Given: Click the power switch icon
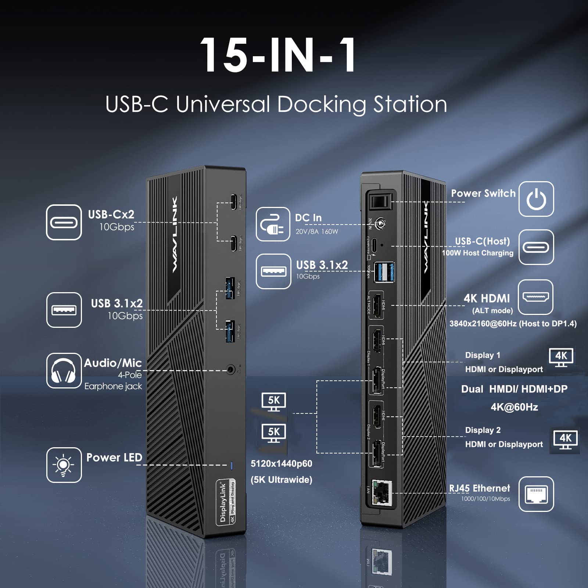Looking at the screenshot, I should [536, 199].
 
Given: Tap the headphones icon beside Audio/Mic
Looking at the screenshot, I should [64, 370].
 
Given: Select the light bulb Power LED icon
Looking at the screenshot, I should [64, 465].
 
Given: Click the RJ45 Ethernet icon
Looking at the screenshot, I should [536, 494].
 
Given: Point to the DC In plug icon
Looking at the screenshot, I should [273, 224].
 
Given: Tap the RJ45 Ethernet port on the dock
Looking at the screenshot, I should [382, 492].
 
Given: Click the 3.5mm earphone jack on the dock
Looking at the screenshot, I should [231, 370].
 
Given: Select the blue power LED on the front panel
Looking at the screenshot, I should [231, 466].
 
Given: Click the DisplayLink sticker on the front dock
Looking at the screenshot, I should [226, 502].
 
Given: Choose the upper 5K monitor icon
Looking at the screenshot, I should [274, 401].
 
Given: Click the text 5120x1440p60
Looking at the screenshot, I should [281, 464].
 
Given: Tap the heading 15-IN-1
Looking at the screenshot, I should [278, 55].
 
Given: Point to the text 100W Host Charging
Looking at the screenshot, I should [477, 253].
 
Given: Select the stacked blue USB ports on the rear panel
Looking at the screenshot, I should [384, 272].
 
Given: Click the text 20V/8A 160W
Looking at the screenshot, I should [316, 232].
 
